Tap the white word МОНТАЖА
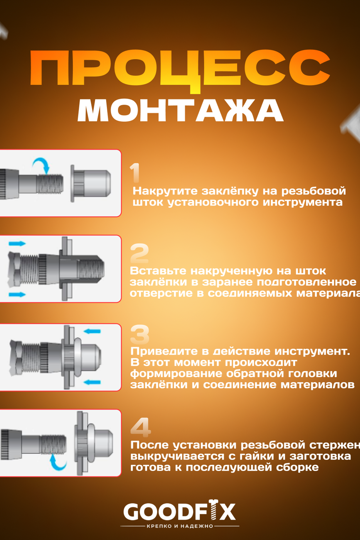click(x=180, y=110)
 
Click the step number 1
click(x=135, y=172)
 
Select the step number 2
click(x=139, y=253)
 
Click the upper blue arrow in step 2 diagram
click(x=17, y=244)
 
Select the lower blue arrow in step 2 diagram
click(x=17, y=294)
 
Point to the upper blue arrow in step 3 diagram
click(x=92, y=331)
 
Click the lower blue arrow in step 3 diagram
click(x=92, y=382)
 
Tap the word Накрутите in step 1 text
click(x=165, y=191)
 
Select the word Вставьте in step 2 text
click(x=158, y=271)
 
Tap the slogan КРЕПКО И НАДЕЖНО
click(x=180, y=526)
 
